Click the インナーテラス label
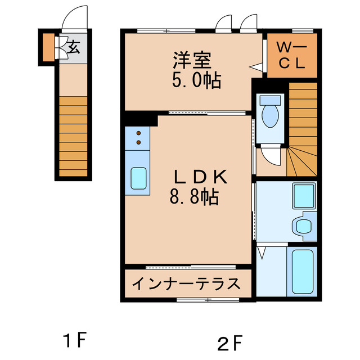186,284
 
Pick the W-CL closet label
292,56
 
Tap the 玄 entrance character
74,48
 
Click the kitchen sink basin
138,178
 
